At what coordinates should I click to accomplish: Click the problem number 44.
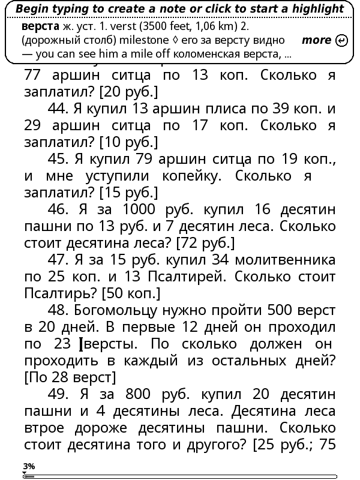click(x=58, y=109)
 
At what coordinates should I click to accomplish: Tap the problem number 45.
click(x=58, y=160)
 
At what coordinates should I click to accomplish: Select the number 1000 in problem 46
click(x=142, y=210)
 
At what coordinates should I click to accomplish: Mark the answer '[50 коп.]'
click(x=131, y=294)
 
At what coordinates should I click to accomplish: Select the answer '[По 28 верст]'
click(x=70, y=378)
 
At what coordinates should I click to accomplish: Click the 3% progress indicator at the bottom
click(x=29, y=466)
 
